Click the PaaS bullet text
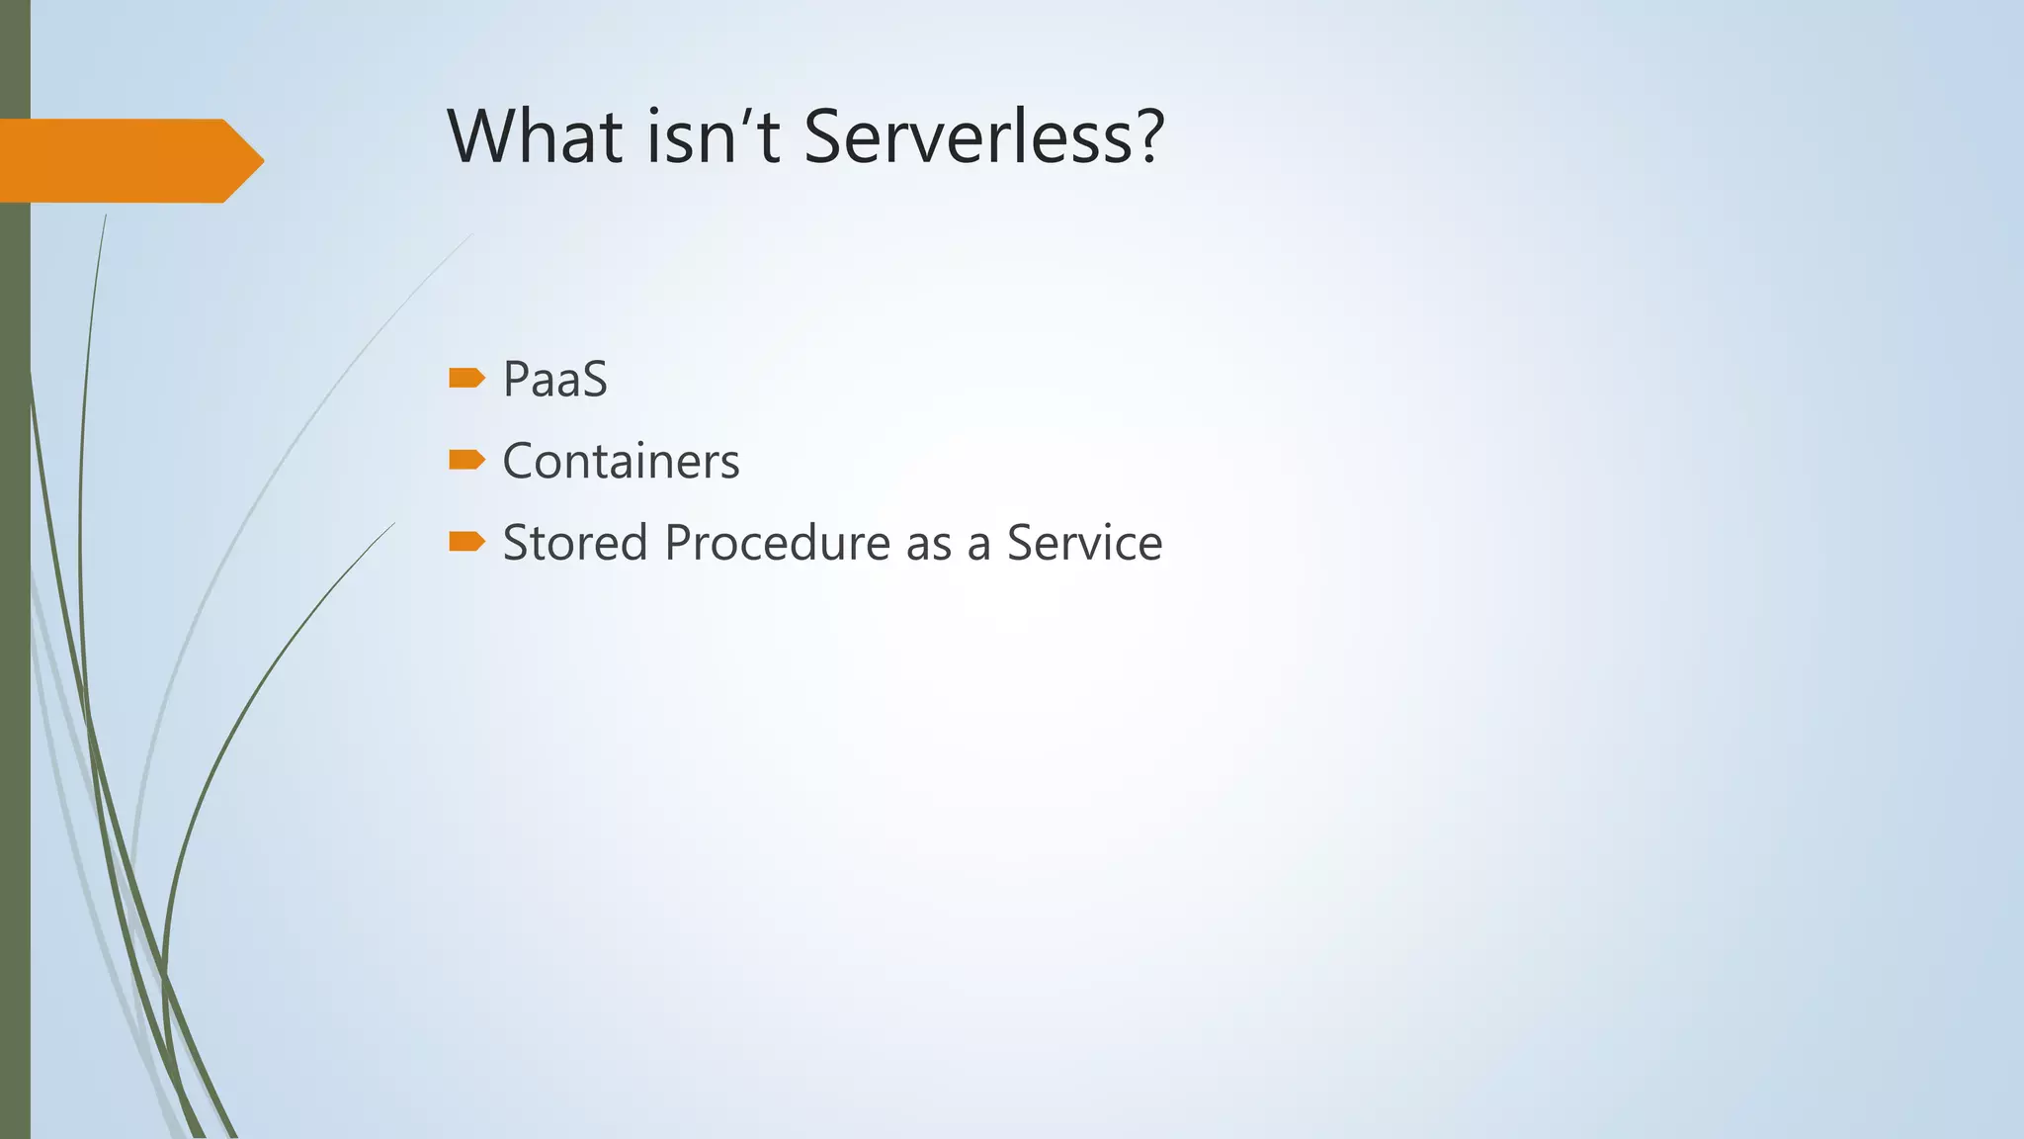coord(554,380)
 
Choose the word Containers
coord(621,462)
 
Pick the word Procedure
coord(778,543)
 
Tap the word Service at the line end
coord(1084,543)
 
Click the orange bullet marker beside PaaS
coord(466,378)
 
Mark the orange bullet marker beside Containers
coord(466,460)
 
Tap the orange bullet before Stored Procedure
coord(466,541)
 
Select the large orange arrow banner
coord(119,161)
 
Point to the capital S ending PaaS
coord(594,380)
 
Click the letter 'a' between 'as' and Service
coord(978,547)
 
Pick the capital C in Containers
coord(519,462)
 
